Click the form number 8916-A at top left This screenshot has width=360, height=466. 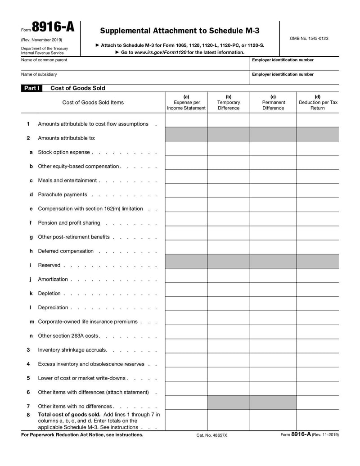pos(53,28)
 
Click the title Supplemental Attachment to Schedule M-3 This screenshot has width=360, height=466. pos(180,31)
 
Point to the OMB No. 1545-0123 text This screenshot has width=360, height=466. pos(309,38)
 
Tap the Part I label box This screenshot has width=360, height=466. pos(31,88)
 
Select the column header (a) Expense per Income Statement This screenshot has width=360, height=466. pos(186,102)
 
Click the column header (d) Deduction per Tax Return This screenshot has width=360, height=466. pos(318,102)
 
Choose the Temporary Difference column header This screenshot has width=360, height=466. pos(229,102)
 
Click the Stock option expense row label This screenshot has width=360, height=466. pos(64,152)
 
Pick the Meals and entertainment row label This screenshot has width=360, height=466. pos(67,181)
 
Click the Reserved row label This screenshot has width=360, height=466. pos(49,265)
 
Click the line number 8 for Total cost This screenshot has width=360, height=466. pos(28,414)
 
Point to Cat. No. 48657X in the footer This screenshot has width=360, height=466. pos(211,435)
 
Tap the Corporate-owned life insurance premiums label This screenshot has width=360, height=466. pos(87,321)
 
